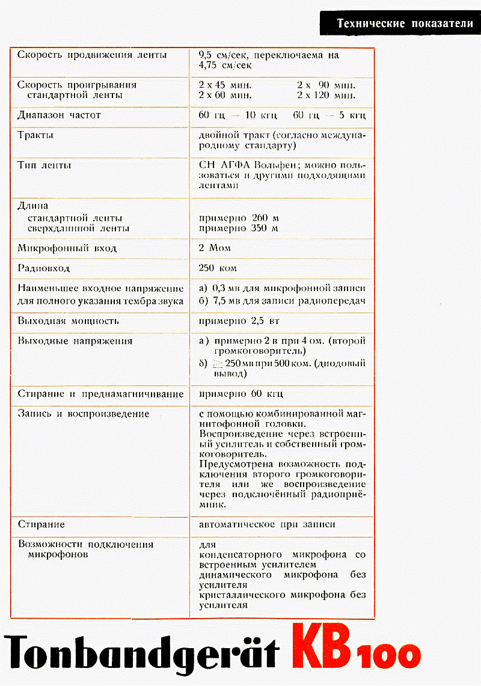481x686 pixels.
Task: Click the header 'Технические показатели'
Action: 405,24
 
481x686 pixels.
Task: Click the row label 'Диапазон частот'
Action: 59,115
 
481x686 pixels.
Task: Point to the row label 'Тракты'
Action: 35,135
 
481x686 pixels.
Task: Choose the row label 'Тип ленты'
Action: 44,165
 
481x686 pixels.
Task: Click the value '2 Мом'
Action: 215,248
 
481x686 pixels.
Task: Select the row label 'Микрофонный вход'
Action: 67,248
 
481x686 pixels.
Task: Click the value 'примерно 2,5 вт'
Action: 239,321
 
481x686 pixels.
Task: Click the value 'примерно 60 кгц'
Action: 240,394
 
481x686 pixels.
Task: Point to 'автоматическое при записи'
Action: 267,524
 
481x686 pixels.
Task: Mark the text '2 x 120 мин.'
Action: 326,95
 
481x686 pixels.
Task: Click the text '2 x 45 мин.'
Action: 225,85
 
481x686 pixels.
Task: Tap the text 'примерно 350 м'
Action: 238,228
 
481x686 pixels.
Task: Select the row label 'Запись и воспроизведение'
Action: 84,414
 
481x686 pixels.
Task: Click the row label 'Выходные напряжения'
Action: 75,341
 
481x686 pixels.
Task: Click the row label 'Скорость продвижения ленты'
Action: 92,55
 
